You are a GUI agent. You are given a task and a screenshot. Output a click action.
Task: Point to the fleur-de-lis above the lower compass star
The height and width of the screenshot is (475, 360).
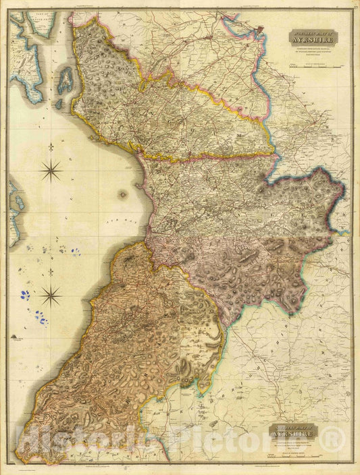pos(51,271)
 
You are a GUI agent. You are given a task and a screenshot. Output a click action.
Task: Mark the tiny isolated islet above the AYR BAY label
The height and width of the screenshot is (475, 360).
pos(122,194)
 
